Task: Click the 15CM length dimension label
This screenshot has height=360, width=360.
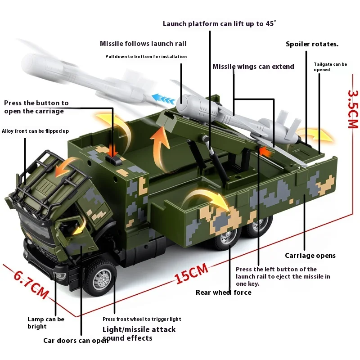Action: (192, 274)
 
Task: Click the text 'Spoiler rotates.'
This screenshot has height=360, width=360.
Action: (312, 44)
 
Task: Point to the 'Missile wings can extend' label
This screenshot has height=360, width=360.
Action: (253, 67)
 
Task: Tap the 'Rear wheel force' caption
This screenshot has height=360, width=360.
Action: (223, 292)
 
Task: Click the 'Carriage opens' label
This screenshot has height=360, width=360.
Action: (310, 256)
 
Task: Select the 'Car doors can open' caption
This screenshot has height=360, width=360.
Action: (76, 340)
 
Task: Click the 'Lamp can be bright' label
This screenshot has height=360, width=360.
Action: (45, 323)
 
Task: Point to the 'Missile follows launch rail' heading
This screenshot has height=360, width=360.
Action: (143, 44)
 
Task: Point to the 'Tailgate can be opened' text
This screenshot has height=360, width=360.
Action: (330, 67)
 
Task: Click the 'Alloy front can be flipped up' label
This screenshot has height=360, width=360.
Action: (35, 131)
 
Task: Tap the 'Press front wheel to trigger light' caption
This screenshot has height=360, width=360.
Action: (142, 319)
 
